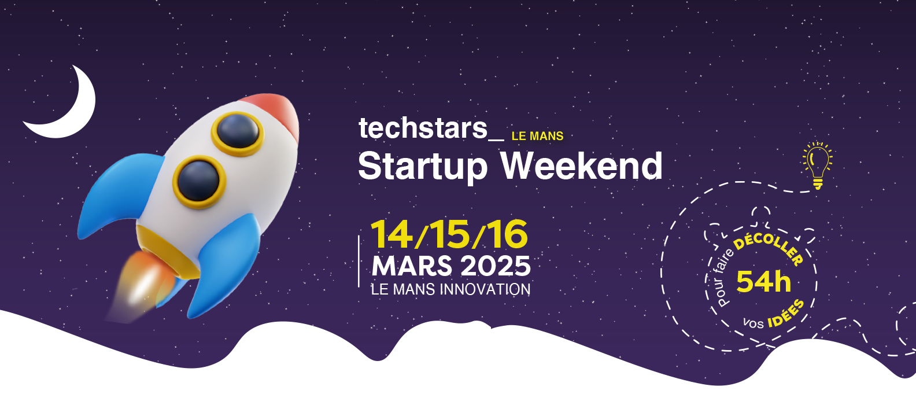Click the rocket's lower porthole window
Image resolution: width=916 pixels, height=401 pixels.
[199, 181]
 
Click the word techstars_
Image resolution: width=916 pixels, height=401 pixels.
[431, 128]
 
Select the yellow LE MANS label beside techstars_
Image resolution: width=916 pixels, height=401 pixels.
[537, 136]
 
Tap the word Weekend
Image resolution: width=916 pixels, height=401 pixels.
[581, 165]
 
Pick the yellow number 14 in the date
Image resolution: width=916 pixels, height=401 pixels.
[391, 234]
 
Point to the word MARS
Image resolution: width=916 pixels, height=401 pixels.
[412, 266]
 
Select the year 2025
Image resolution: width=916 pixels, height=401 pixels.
[495, 266]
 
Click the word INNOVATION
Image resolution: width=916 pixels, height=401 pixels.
[485, 289]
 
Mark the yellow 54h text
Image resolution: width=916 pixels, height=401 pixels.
[763, 282]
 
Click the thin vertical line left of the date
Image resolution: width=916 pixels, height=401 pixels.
[359, 261]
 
